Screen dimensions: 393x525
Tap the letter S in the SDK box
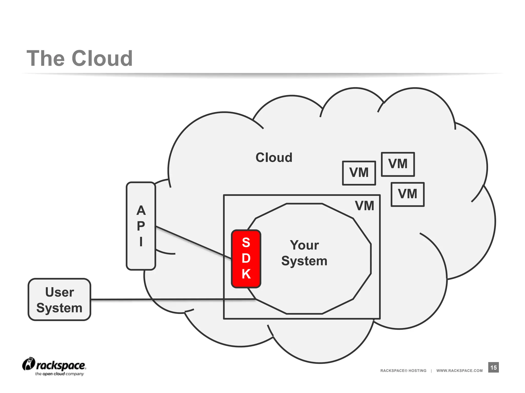click(246, 243)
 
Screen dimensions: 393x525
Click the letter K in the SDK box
click(246, 274)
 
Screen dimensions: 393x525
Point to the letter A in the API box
click(141, 211)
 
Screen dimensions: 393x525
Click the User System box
click(59, 299)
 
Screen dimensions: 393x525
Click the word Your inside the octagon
click(304, 245)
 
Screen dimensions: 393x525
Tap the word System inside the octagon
click(304, 261)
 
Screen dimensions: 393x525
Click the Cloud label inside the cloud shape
click(274, 157)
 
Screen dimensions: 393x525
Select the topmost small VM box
click(398, 164)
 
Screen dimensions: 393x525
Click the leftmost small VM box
click(359, 173)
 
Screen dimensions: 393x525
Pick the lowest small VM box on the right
click(407, 194)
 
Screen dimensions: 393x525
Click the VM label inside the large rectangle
click(364, 206)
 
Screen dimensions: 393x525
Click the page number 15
click(493, 367)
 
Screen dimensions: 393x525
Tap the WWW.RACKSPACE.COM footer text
click(459, 370)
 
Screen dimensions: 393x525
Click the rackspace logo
click(54, 366)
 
